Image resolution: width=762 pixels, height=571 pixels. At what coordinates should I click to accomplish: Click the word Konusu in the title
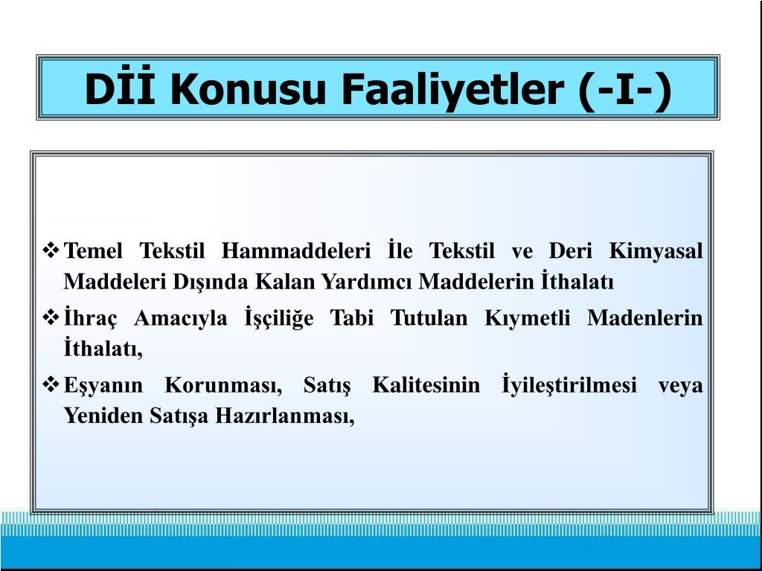(248, 89)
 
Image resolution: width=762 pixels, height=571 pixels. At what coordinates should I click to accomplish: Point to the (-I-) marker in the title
(625, 90)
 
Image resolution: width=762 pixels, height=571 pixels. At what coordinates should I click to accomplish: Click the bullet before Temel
(51, 251)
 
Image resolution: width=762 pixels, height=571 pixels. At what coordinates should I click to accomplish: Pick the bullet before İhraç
(51, 318)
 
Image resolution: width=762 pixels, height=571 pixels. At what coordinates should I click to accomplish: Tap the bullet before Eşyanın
(51, 385)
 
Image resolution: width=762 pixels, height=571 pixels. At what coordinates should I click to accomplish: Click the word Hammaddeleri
(296, 251)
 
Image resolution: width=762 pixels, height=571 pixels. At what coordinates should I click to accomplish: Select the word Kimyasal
(656, 252)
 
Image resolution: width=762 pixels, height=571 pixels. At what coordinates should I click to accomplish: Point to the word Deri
(571, 251)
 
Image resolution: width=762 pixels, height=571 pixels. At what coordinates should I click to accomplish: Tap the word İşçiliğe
(279, 318)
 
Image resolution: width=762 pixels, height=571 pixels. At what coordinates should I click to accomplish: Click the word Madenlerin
(645, 318)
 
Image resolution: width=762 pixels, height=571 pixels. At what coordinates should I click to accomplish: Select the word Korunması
(223, 386)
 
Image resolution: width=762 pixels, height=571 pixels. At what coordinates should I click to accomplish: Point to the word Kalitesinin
(426, 386)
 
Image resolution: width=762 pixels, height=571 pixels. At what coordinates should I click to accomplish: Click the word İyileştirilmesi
(569, 385)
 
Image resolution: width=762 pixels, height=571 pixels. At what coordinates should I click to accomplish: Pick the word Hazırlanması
(285, 416)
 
